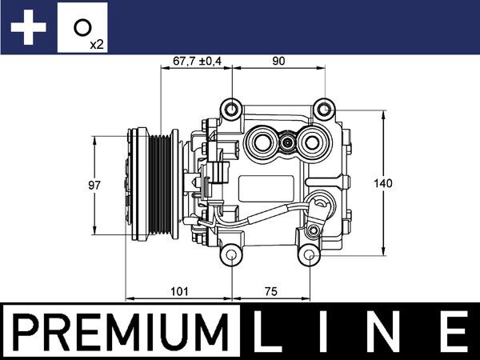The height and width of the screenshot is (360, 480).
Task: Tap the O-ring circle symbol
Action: [81, 27]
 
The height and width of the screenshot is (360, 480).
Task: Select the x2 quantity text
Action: [97, 44]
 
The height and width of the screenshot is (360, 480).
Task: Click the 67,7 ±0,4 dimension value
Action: [196, 60]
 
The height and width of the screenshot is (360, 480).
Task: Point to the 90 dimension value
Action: [278, 60]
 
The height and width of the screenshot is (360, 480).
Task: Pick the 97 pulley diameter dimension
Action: [95, 185]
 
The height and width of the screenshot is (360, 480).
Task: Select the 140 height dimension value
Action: [384, 183]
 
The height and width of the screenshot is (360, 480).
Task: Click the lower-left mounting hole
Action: [231, 256]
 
